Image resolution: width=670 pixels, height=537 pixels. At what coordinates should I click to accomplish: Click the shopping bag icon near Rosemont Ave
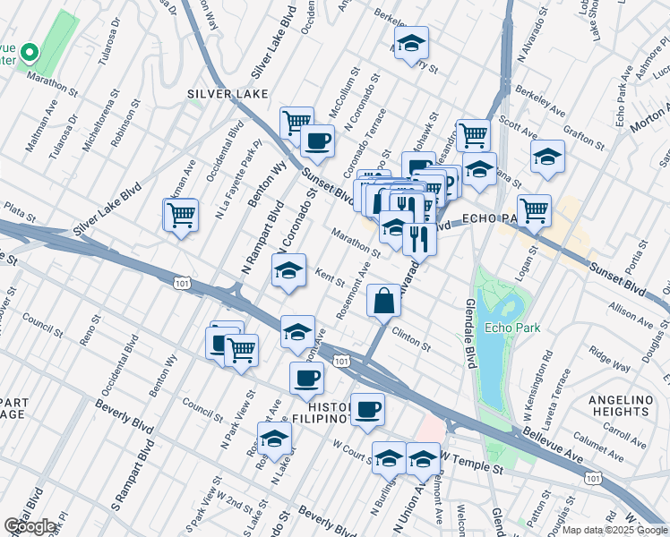[383, 302]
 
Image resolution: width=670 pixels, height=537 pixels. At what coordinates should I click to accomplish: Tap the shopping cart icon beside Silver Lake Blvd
[181, 216]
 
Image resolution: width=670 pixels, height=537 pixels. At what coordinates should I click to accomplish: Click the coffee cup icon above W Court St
[367, 410]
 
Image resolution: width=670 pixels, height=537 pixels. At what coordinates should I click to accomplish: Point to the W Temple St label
[466, 459]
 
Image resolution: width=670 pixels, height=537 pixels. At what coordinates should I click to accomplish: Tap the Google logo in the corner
[30, 527]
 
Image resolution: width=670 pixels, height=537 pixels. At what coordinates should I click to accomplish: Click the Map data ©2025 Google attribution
[614, 530]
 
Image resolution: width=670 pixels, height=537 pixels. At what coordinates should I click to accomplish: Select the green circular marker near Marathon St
[30, 53]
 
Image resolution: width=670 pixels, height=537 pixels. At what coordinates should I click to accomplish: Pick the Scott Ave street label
[518, 130]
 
